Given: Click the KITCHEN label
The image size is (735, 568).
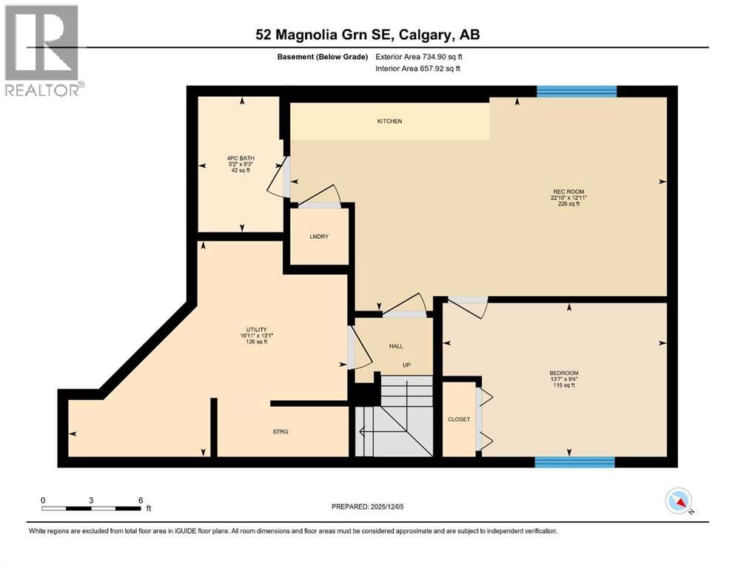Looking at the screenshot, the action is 389,121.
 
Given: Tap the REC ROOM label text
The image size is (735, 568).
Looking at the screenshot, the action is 568,192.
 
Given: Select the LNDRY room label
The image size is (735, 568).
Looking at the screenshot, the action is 319,237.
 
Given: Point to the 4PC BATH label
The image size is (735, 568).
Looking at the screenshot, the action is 241,158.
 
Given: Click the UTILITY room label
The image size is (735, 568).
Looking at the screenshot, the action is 256,330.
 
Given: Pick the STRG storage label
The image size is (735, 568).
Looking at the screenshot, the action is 281,432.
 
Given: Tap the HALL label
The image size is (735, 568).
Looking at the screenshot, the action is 396,346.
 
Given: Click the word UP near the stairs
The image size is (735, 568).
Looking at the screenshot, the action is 406,365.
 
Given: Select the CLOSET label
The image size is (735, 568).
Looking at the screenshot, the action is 459,419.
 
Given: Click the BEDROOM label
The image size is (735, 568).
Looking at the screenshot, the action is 564,373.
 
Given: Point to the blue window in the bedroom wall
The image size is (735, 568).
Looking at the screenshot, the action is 574,462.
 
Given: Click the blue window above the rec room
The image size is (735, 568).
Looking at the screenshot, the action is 577,91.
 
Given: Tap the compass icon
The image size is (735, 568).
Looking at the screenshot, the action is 679,501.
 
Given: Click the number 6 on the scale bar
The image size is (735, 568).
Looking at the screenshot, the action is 141,500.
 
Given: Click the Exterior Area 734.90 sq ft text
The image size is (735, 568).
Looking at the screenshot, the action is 419,57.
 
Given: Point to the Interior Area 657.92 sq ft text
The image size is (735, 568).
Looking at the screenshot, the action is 417,68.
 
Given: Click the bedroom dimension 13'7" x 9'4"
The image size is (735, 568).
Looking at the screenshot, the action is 563,379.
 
